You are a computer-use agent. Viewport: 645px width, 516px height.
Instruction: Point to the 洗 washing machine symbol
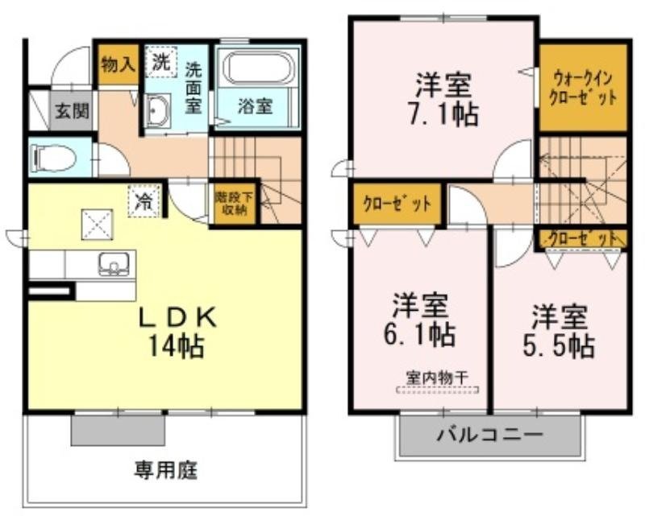[160, 61]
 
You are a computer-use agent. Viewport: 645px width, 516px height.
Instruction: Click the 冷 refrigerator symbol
[144, 200]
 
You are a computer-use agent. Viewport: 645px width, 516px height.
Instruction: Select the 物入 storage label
[118, 64]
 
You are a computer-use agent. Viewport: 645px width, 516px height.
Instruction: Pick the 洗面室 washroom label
[193, 87]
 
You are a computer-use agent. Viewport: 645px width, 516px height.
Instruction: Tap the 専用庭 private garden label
[166, 469]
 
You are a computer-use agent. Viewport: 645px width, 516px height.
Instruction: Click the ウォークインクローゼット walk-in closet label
[582, 88]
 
